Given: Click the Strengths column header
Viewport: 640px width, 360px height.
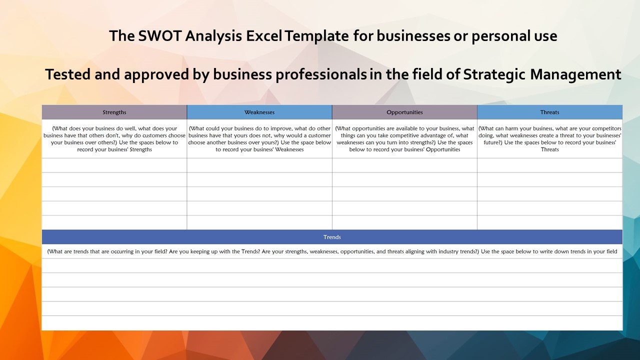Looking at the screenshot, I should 114,112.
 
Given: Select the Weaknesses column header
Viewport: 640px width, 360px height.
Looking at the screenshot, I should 259,112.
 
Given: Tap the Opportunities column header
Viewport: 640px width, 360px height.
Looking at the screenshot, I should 404,112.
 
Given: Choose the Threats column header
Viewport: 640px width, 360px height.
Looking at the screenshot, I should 549,112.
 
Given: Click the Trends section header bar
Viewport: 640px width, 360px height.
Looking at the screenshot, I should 332,237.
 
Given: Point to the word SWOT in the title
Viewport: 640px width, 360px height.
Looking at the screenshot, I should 157,36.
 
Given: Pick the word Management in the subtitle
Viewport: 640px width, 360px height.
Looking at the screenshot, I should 575,75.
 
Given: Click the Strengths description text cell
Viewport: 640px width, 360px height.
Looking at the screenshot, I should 114,139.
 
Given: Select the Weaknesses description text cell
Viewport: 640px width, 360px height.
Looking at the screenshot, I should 259,139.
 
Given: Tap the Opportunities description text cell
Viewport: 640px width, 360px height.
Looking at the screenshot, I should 404,139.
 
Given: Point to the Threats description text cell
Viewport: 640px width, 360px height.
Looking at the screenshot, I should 549,139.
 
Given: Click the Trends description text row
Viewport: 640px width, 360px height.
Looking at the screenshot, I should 332,251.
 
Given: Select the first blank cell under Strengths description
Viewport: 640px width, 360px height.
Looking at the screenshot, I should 114,165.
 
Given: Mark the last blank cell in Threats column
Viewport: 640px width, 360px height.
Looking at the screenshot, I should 549,222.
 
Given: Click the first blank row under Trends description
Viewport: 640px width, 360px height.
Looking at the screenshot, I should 332,265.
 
